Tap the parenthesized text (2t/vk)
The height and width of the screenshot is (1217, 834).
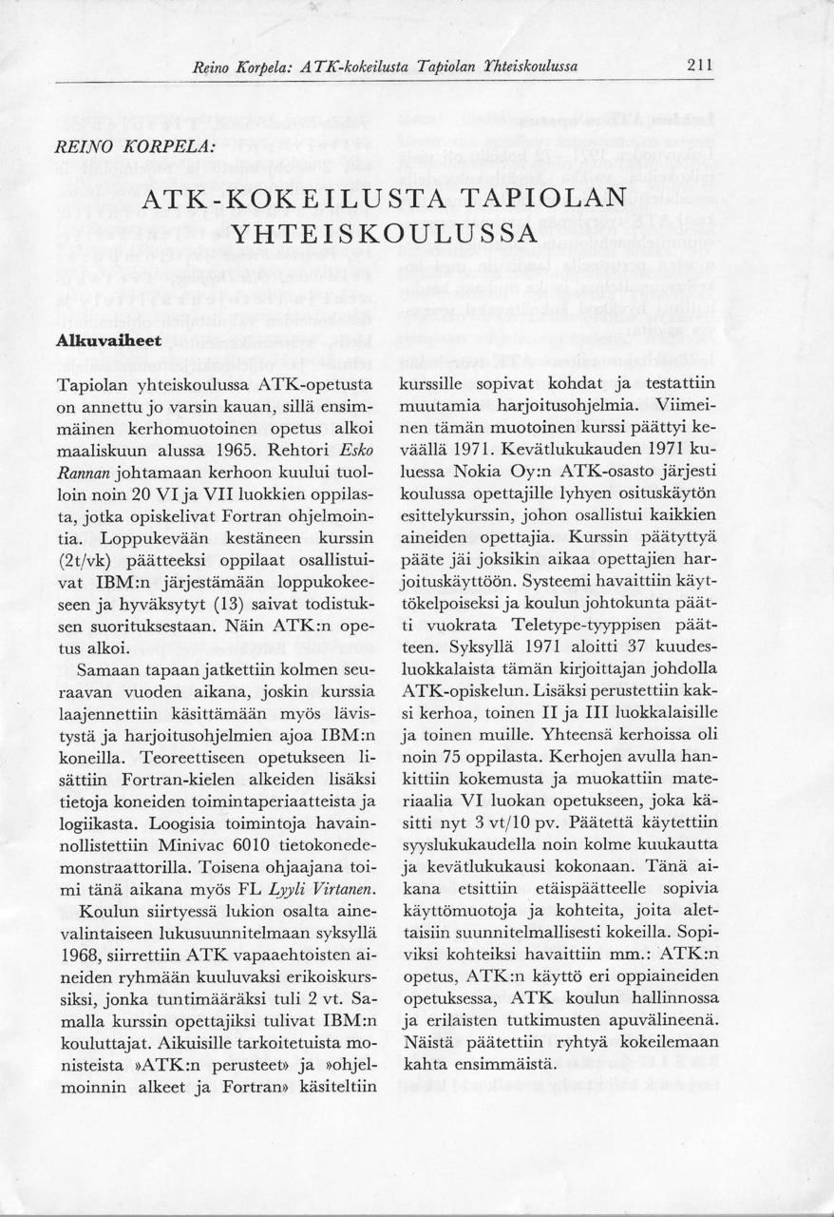[x=91, y=556]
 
